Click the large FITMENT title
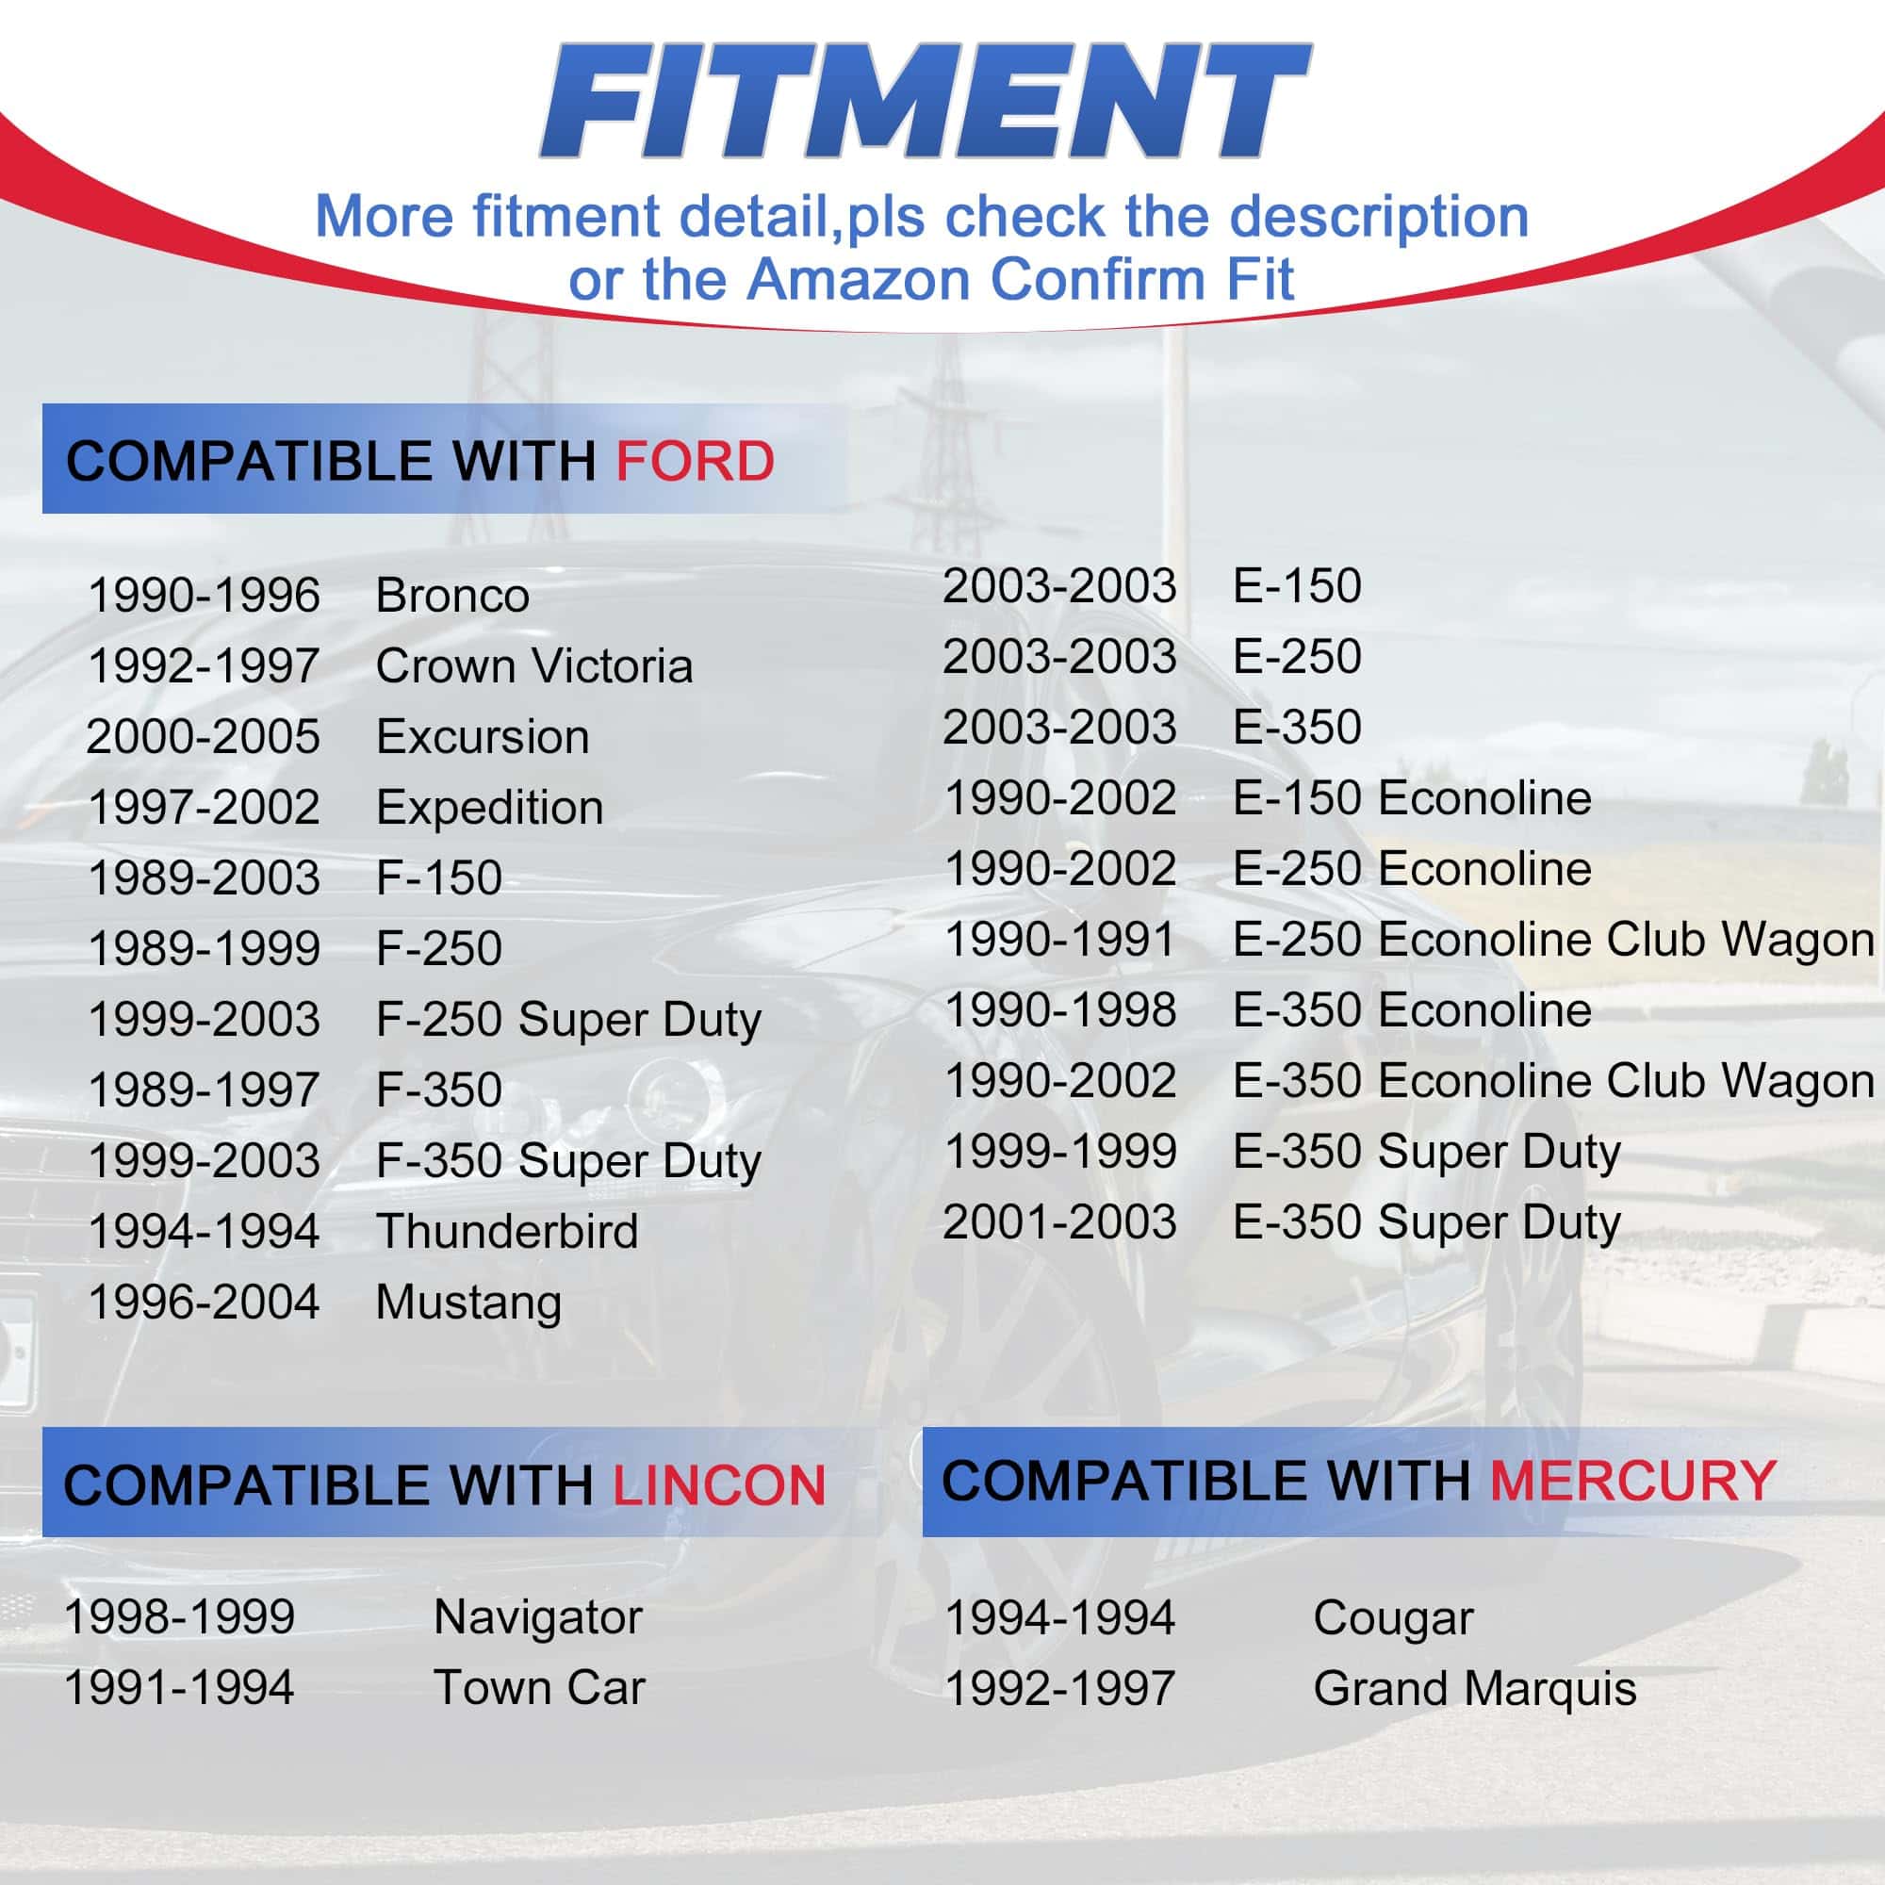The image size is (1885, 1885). (x=925, y=101)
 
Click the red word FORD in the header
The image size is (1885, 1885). (x=695, y=461)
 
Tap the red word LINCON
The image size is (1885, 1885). (x=719, y=1485)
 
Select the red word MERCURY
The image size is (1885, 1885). (x=1633, y=1480)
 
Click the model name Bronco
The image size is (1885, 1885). (x=452, y=595)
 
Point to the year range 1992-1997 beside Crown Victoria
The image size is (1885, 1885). (x=204, y=665)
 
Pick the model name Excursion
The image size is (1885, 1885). (x=483, y=737)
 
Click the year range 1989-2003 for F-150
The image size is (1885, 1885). (x=204, y=877)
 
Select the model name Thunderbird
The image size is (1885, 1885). (x=507, y=1230)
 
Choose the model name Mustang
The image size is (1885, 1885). (x=469, y=1303)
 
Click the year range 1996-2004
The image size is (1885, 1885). (x=204, y=1302)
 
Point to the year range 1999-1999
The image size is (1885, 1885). (x=1060, y=1152)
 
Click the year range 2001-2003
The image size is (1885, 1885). (x=1060, y=1221)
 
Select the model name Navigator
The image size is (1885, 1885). (x=537, y=1617)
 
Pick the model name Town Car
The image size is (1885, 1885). (x=539, y=1688)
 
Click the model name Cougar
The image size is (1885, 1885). (x=1393, y=1618)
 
